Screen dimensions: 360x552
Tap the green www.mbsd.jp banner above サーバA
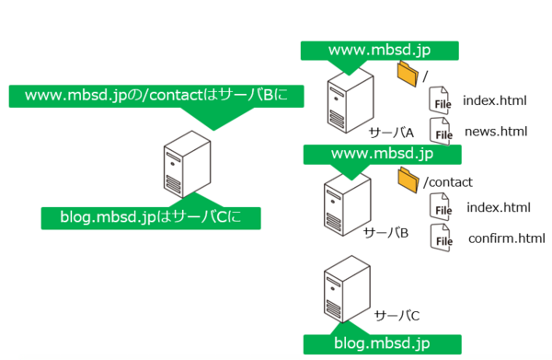click(x=381, y=49)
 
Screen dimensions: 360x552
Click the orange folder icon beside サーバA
click(x=407, y=72)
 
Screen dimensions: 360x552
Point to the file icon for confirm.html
click(x=443, y=238)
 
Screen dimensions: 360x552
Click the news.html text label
click(x=496, y=132)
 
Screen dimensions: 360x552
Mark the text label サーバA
click(x=391, y=134)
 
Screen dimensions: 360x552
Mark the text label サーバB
click(x=385, y=232)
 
